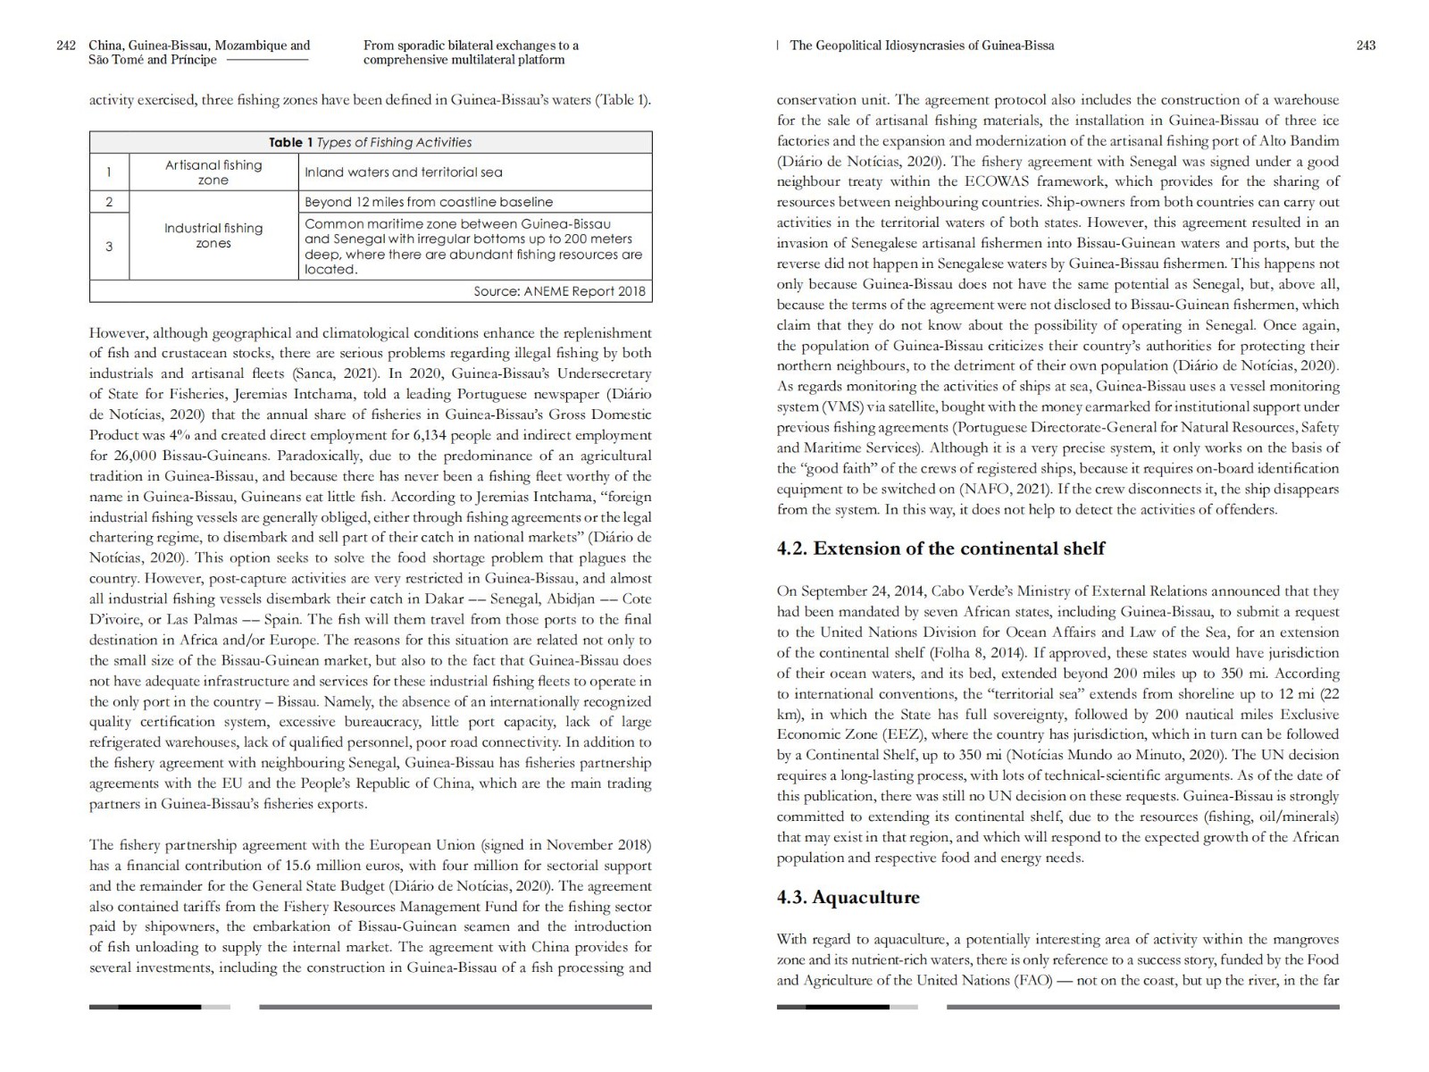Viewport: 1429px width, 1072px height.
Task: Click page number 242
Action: point(65,46)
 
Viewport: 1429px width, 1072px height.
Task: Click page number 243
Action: point(1366,46)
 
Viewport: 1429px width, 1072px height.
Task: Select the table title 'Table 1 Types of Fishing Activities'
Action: point(370,142)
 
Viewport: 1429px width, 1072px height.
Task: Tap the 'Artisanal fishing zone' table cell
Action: point(213,172)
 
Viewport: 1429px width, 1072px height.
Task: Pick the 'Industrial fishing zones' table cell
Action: point(213,236)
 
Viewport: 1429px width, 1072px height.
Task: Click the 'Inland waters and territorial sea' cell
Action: point(404,172)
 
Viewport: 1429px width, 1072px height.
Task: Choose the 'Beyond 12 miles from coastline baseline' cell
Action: point(429,202)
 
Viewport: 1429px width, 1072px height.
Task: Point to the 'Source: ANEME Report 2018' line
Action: point(559,291)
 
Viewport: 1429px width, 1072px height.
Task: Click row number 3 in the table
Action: point(109,246)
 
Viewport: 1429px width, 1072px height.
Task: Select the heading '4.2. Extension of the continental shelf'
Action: point(940,549)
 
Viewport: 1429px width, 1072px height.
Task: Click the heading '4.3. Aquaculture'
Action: point(848,897)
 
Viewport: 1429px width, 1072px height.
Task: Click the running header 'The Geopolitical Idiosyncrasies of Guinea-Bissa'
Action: point(922,46)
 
